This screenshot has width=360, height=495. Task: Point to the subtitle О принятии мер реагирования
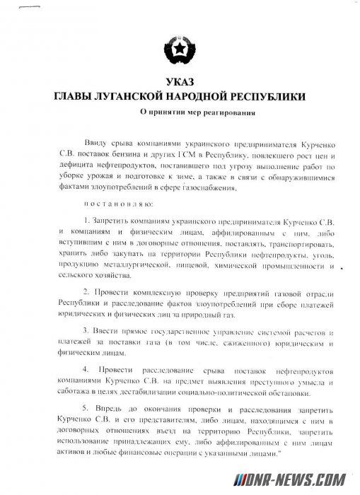[182, 113]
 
